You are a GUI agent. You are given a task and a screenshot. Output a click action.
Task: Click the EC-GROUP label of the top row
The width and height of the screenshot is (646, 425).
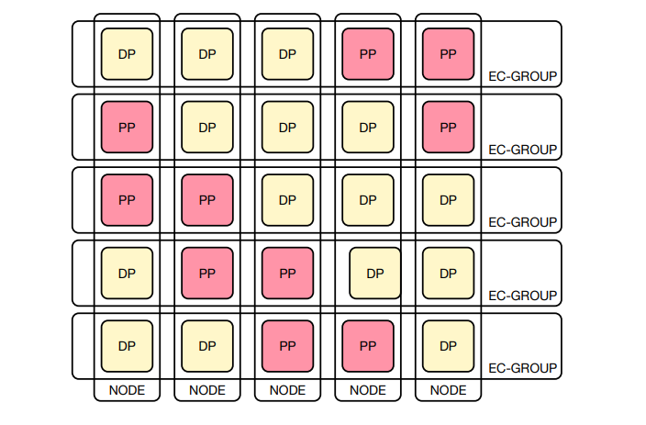(522, 76)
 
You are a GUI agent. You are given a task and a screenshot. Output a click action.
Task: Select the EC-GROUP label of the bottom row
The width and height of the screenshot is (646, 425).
(522, 368)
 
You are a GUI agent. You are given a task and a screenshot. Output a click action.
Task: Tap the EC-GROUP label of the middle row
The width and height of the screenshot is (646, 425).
(522, 222)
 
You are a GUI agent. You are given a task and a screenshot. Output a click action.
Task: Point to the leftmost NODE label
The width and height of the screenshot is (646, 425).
(127, 390)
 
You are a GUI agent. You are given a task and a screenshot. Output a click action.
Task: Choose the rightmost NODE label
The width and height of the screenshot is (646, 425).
(448, 390)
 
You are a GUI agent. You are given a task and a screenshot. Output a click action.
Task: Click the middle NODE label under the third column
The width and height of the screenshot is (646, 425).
(287, 390)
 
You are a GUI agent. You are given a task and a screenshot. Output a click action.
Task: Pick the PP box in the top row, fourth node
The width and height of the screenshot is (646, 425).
(368, 53)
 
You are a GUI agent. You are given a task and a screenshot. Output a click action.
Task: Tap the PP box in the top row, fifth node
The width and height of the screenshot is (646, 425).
(448, 53)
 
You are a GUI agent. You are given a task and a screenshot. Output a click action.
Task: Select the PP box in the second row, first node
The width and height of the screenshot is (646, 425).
(127, 127)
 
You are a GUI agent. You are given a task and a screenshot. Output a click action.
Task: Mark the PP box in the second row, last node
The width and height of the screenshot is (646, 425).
(448, 127)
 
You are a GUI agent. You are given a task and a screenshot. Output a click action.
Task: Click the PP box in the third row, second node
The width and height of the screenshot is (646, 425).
(207, 199)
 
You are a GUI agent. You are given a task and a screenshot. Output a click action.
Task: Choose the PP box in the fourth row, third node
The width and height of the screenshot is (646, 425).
(287, 273)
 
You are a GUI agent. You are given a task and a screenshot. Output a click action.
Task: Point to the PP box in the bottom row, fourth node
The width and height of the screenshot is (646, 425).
(368, 346)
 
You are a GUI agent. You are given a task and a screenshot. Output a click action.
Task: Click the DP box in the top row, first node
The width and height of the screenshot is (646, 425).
(127, 53)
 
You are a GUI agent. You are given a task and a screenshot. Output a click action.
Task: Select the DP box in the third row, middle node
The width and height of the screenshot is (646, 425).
(287, 199)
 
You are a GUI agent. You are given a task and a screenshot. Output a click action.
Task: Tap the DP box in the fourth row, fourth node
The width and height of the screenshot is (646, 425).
(374, 273)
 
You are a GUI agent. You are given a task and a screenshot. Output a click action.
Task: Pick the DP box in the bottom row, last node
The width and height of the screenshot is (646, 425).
(448, 346)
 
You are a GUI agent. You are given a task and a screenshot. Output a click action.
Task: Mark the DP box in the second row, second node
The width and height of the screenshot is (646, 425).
(207, 127)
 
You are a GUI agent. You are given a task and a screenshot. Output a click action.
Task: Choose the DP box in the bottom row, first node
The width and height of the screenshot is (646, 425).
(127, 346)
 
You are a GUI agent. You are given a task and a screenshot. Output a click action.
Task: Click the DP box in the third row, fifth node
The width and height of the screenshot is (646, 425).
(448, 199)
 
